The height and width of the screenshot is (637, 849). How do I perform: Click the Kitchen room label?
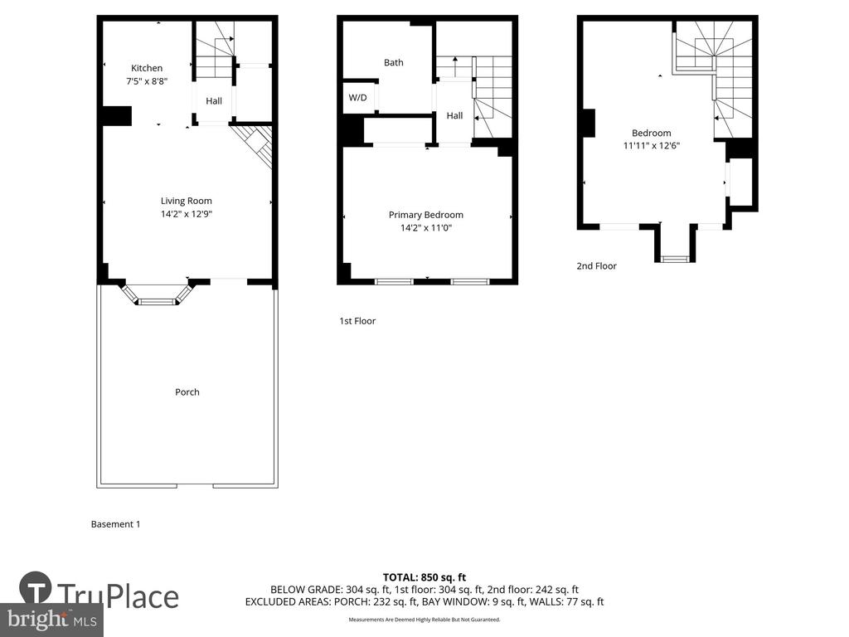[147, 68]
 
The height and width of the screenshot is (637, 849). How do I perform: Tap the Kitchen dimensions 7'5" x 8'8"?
[147, 81]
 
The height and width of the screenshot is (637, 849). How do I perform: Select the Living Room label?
[187, 201]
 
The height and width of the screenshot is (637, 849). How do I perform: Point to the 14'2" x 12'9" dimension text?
[187, 214]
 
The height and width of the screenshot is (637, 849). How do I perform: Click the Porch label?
[187, 392]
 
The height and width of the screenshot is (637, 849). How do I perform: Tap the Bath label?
[394, 63]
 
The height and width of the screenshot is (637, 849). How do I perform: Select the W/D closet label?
[357, 98]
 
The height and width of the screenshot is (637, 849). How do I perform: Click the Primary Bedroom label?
[426, 215]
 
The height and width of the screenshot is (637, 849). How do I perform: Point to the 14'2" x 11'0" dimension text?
[426, 228]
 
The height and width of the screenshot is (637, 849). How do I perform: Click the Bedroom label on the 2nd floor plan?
[652, 134]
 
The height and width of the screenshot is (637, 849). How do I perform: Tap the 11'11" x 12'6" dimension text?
[652, 146]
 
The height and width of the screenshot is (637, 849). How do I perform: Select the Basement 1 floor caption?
[115, 524]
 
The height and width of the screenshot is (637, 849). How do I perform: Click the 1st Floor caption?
[357, 321]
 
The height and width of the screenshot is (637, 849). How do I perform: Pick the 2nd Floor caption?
[597, 266]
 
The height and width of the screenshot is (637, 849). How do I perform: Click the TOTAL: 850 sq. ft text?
[424, 577]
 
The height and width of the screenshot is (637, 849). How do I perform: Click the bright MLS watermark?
[52, 620]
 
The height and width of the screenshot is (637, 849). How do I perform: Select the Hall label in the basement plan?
[214, 101]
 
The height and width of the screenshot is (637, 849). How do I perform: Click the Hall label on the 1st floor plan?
[455, 116]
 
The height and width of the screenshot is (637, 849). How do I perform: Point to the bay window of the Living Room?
[157, 295]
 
